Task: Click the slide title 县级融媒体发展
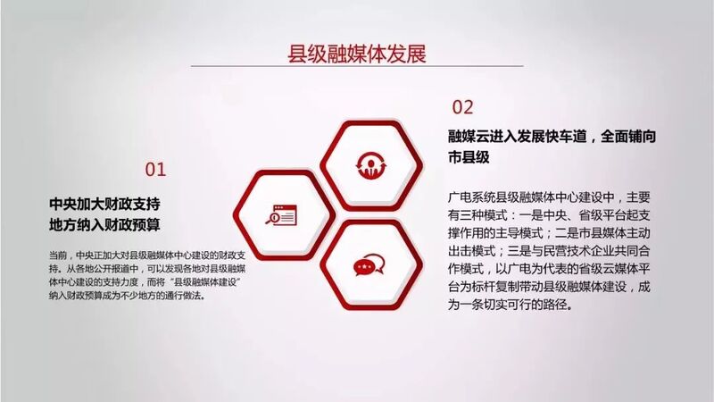[x=356, y=54]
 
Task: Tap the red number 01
[x=155, y=170]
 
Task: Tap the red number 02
[x=462, y=107]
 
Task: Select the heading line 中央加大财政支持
[x=104, y=204]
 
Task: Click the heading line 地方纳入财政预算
[x=104, y=225]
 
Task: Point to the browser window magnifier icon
[x=281, y=215]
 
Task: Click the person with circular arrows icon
[x=371, y=165]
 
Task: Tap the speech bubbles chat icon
[x=369, y=265]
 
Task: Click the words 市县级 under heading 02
[x=469, y=157]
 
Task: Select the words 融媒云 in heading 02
[x=469, y=137]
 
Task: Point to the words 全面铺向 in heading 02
[x=628, y=137]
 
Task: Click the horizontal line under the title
[x=357, y=66]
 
